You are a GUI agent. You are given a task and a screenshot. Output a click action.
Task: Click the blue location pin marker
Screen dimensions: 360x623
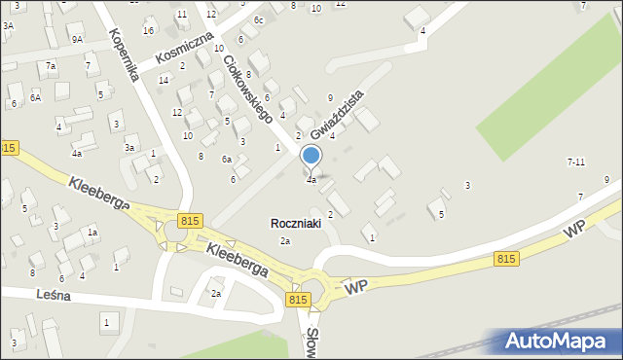(x=311, y=156)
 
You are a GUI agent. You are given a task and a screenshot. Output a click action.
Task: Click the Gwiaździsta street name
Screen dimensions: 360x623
(x=338, y=115)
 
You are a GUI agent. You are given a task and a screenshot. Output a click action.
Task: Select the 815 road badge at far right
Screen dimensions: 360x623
(x=506, y=258)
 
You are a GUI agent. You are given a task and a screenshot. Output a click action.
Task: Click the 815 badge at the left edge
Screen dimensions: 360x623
(x=9, y=147)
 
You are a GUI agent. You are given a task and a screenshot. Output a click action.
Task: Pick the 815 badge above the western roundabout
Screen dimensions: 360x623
(x=189, y=222)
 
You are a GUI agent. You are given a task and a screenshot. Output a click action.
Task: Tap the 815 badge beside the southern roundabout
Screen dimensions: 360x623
(x=298, y=301)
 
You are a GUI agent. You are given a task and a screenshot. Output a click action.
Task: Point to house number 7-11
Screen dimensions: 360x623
(x=576, y=162)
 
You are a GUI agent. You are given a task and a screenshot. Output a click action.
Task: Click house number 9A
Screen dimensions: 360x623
(x=77, y=40)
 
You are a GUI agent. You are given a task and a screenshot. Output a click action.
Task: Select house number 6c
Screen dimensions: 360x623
(x=259, y=20)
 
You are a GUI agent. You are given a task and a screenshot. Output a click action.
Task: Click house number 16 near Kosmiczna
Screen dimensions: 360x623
(x=148, y=30)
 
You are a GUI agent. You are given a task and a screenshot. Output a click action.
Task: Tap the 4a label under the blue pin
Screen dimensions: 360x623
(x=311, y=180)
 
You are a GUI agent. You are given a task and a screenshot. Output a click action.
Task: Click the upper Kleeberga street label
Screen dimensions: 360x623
(x=97, y=192)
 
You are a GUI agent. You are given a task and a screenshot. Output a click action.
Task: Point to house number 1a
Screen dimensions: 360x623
(x=92, y=233)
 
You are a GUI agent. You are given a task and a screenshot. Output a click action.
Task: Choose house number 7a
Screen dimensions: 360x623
(x=51, y=65)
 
